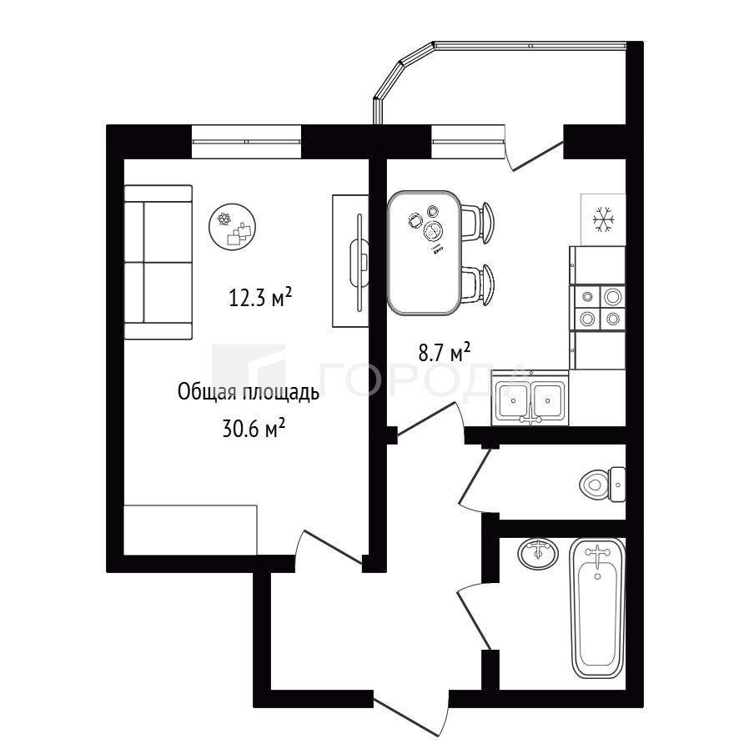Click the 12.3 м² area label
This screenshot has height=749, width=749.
pyautogui.click(x=260, y=297)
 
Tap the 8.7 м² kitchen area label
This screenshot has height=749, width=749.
pyautogui.click(x=445, y=353)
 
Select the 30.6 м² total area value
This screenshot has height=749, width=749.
pyautogui.click(x=254, y=428)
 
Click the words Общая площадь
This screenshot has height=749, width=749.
pyautogui.click(x=248, y=393)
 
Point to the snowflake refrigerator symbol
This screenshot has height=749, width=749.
pyautogui.click(x=603, y=220)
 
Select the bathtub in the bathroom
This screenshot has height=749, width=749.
pyautogui.click(x=597, y=608)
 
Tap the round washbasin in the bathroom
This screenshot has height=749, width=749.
pyautogui.click(x=538, y=554)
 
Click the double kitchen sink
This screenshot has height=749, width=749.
pyautogui.click(x=530, y=398)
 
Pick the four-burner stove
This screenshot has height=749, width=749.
pyautogui.click(x=597, y=308)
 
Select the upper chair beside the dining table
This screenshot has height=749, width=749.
pyautogui.click(x=478, y=223)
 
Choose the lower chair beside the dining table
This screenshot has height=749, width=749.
pyautogui.click(x=478, y=284)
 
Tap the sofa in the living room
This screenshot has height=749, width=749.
pyautogui.click(x=158, y=262)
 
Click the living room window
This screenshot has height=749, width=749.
pyautogui.click(x=247, y=142)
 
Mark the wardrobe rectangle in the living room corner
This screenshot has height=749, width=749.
pyautogui.click(x=191, y=530)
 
